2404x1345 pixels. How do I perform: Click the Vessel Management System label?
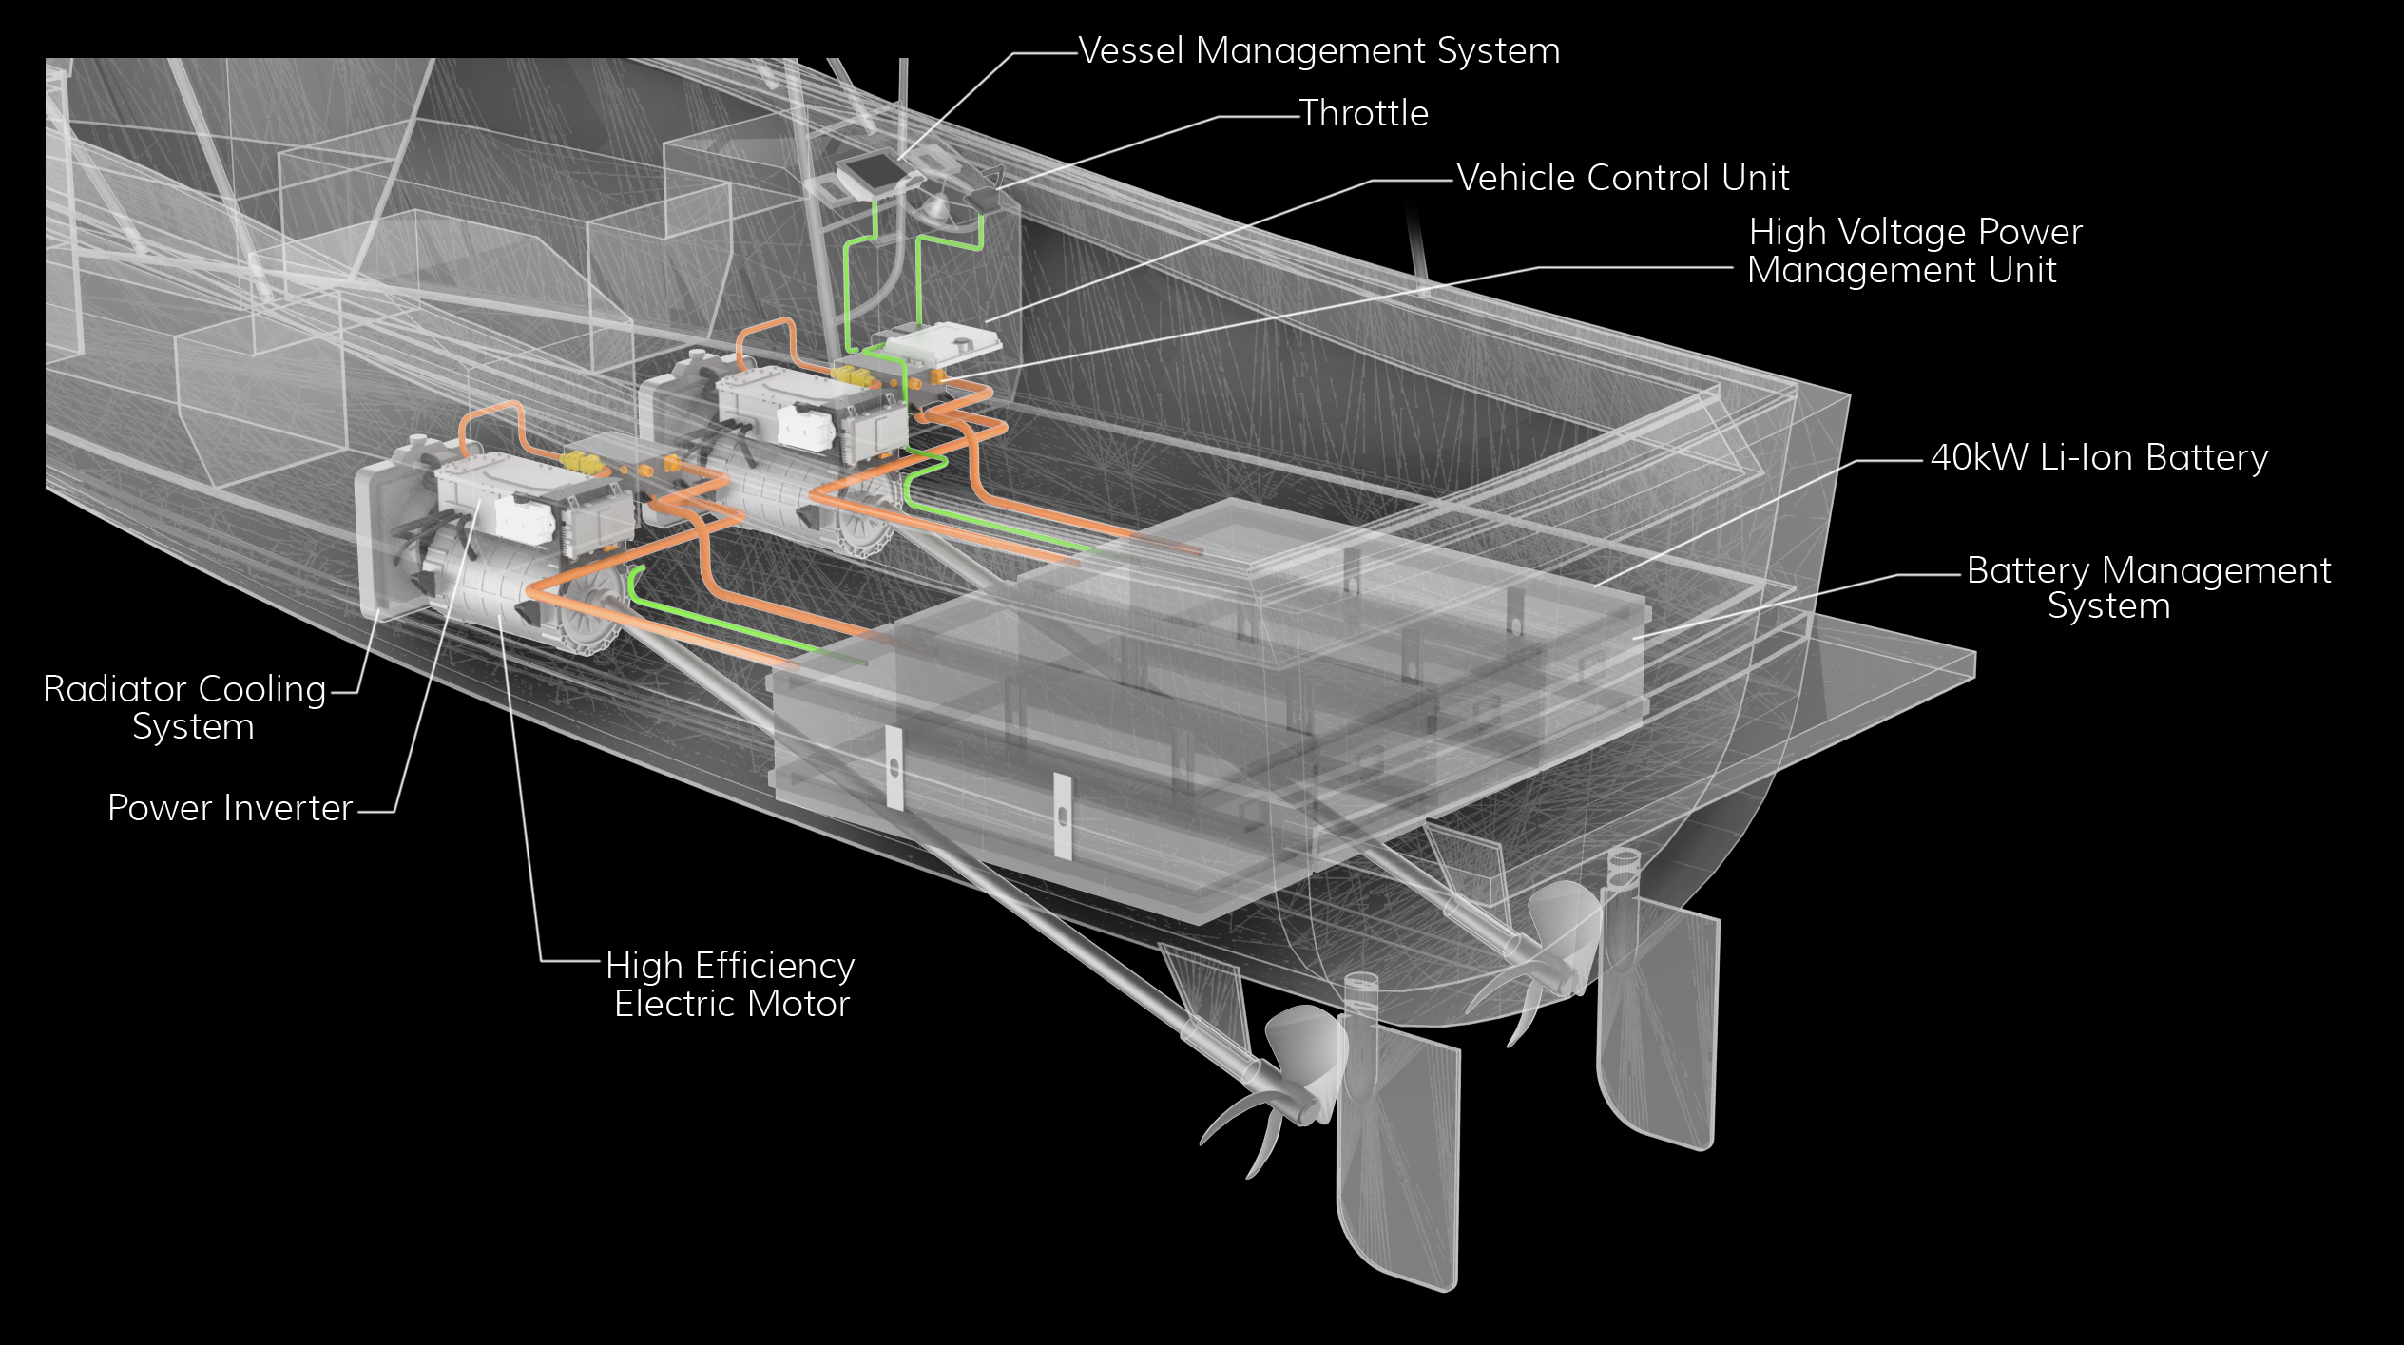[x=1319, y=51]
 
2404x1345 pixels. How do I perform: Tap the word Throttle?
[x=1364, y=114]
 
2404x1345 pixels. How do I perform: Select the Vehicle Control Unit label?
[x=1623, y=179]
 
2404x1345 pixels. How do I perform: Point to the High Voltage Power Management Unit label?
[x=1913, y=251]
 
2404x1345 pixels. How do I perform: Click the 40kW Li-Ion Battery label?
[x=2099, y=458]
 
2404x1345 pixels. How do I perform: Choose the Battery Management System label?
[x=2148, y=588]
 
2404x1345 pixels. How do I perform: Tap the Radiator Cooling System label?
[x=185, y=707]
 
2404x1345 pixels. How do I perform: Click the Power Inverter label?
[x=230, y=808]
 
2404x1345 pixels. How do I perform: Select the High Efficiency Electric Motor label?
[x=730, y=985]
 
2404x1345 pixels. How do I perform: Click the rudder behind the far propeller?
[x=1659, y=1027]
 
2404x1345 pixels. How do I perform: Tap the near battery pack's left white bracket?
[x=894, y=768]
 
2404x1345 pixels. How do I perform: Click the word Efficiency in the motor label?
[x=775, y=966]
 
